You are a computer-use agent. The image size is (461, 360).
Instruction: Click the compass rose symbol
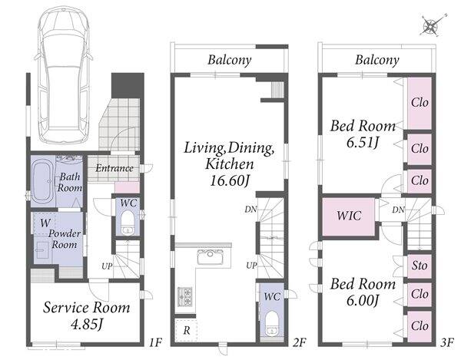pyautogui.click(x=431, y=26)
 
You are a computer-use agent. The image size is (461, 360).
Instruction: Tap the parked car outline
pyautogui.click(x=64, y=75)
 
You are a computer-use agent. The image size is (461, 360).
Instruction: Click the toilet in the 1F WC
pyautogui.click(x=128, y=224)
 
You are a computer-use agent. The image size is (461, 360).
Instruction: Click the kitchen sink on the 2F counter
pyautogui.click(x=210, y=257)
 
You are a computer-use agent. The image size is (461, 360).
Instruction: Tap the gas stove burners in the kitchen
pyautogui.click(x=184, y=297)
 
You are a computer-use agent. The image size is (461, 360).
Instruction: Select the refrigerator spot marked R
pyautogui.click(x=186, y=331)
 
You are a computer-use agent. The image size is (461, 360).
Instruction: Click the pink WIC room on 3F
pyautogui.click(x=348, y=216)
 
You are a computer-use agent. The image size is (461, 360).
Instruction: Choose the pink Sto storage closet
pyautogui.click(x=420, y=266)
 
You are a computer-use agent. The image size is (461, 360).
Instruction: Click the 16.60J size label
pyautogui.click(x=229, y=180)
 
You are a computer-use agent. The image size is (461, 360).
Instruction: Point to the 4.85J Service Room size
pyautogui.click(x=87, y=325)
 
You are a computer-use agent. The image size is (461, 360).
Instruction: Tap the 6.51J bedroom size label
pyautogui.click(x=362, y=143)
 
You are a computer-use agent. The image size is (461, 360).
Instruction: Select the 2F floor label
pyautogui.click(x=299, y=342)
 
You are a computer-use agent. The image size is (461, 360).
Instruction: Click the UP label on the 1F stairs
pyautogui.click(x=107, y=266)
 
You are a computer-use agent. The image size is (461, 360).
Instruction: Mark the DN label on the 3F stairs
pyautogui.click(x=398, y=210)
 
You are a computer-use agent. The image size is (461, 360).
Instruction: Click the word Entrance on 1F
pyautogui.click(x=114, y=168)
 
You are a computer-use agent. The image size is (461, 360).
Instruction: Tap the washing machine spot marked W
pyautogui.click(x=45, y=223)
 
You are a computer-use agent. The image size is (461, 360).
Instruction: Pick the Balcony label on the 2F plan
pyautogui.click(x=230, y=60)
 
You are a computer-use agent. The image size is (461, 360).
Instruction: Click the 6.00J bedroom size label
pyautogui.click(x=362, y=300)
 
